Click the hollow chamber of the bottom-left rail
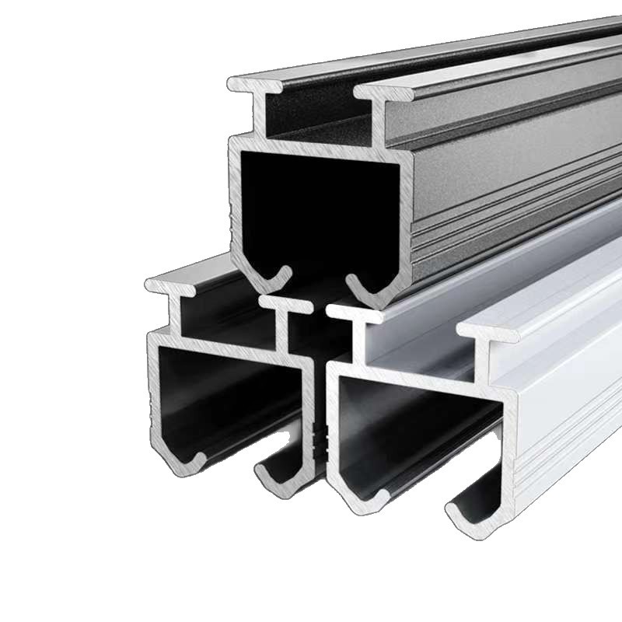tap(225, 397)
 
